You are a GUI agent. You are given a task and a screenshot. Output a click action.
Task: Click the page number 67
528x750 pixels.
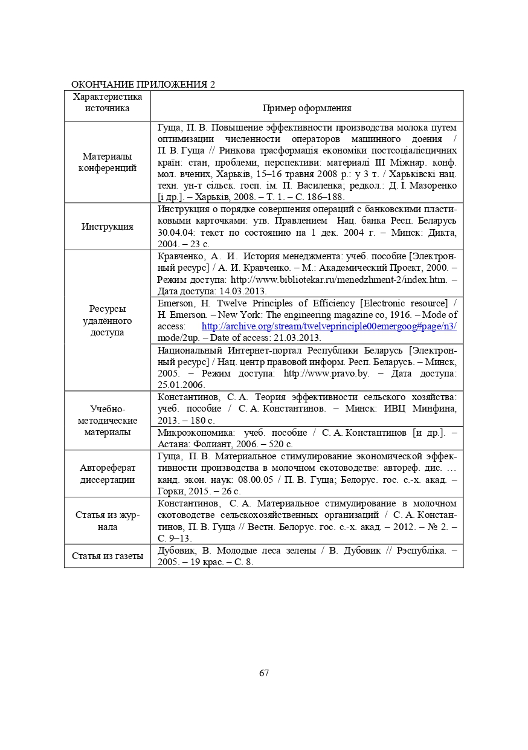pos(263,673)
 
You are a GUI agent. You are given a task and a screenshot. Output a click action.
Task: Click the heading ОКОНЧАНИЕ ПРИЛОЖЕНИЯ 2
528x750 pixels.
pos(143,84)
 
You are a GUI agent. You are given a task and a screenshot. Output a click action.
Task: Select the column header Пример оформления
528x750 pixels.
pos(307,108)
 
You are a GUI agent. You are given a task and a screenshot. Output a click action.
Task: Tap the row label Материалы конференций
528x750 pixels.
pos(108,162)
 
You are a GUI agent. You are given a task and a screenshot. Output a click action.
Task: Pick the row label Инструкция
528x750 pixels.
pos(108,227)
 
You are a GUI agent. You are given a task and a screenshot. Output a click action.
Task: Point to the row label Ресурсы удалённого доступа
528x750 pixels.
pos(108,320)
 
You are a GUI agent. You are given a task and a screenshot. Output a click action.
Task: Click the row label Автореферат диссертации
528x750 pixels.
pos(108,474)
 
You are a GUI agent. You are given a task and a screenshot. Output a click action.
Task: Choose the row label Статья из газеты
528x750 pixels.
pos(108,556)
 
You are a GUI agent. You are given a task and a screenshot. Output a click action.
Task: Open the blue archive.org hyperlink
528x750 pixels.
pos(329,326)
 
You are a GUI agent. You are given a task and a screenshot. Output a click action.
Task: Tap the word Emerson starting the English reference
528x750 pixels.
pos(176,303)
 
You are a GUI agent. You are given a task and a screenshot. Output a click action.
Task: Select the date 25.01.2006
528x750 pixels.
pos(181,385)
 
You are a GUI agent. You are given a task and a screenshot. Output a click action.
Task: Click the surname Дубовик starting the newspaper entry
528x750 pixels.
pos(176,550)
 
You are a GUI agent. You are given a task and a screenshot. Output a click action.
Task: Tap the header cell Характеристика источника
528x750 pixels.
pos(108,102)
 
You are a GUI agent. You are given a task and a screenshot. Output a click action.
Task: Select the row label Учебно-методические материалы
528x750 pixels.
pos(108,421)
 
